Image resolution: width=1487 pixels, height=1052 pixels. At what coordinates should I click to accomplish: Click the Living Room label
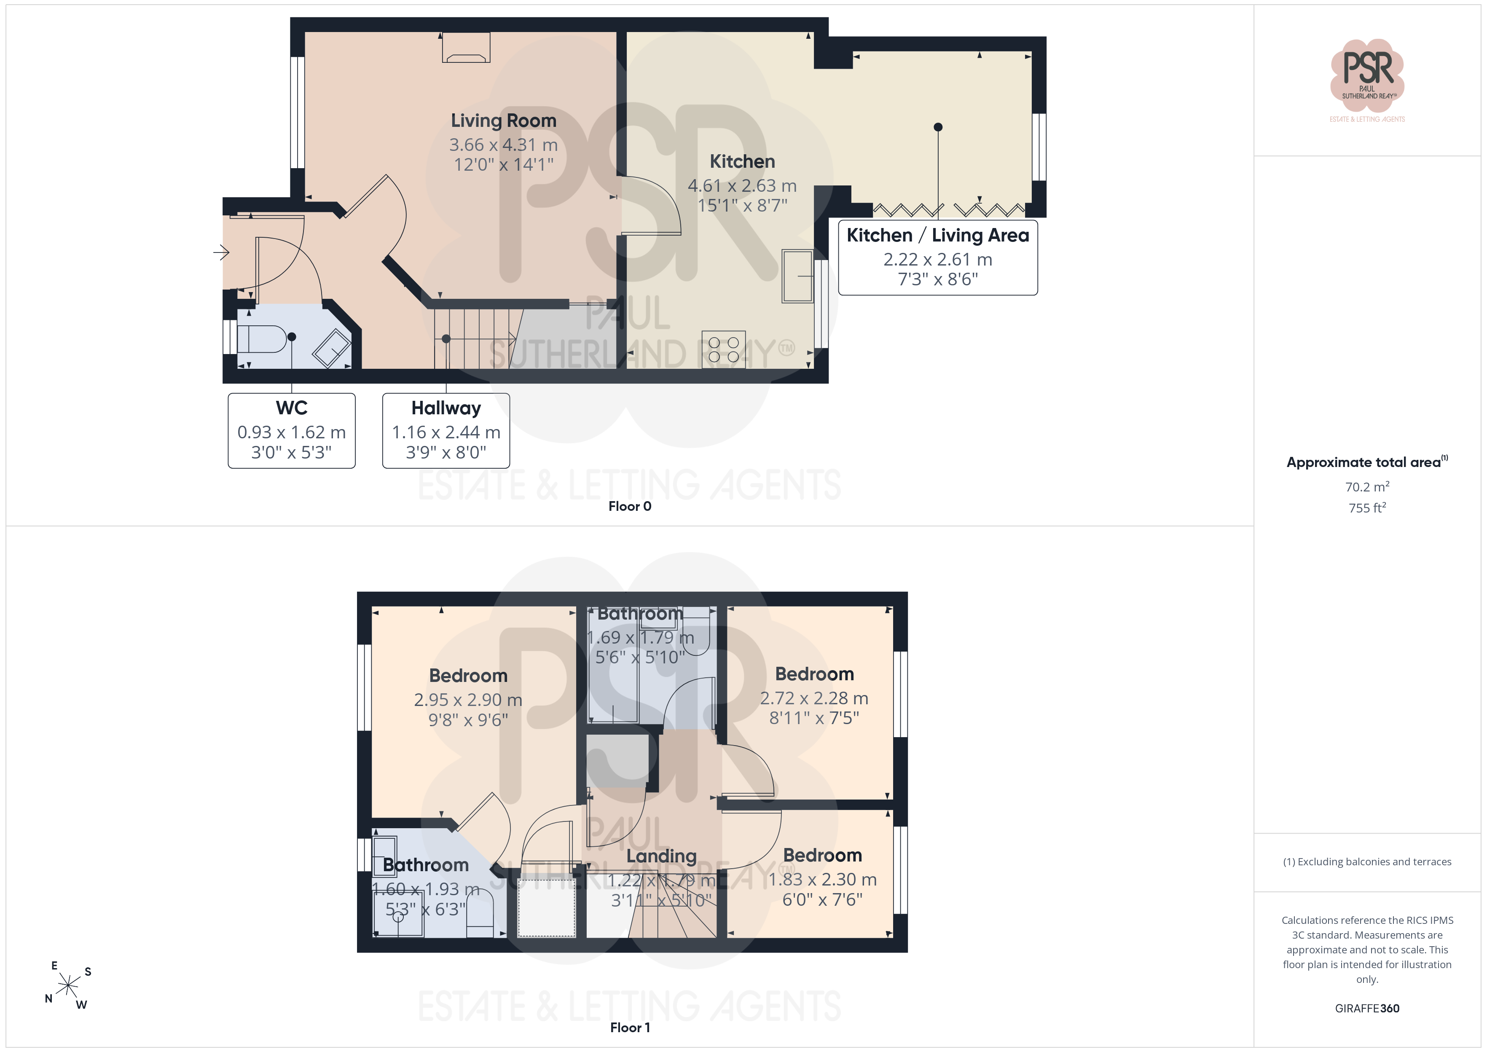(x=503, y=121)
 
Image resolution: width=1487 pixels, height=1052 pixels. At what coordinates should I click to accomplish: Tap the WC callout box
(x=291, y=430)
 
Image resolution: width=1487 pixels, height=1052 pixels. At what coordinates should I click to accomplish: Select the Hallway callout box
(x=446, y=430)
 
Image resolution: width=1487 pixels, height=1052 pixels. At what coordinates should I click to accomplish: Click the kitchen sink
(x=797, y=276)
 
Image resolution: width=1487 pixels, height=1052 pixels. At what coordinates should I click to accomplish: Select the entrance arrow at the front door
(x=222, y=252)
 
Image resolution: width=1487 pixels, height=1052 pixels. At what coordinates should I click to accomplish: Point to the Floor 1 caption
(x=630, y=1028)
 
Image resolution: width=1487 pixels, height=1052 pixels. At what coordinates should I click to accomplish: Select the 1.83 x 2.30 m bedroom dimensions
(x=822, y=879)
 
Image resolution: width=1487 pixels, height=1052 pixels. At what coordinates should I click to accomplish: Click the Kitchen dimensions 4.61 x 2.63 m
(x=742, y=185)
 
